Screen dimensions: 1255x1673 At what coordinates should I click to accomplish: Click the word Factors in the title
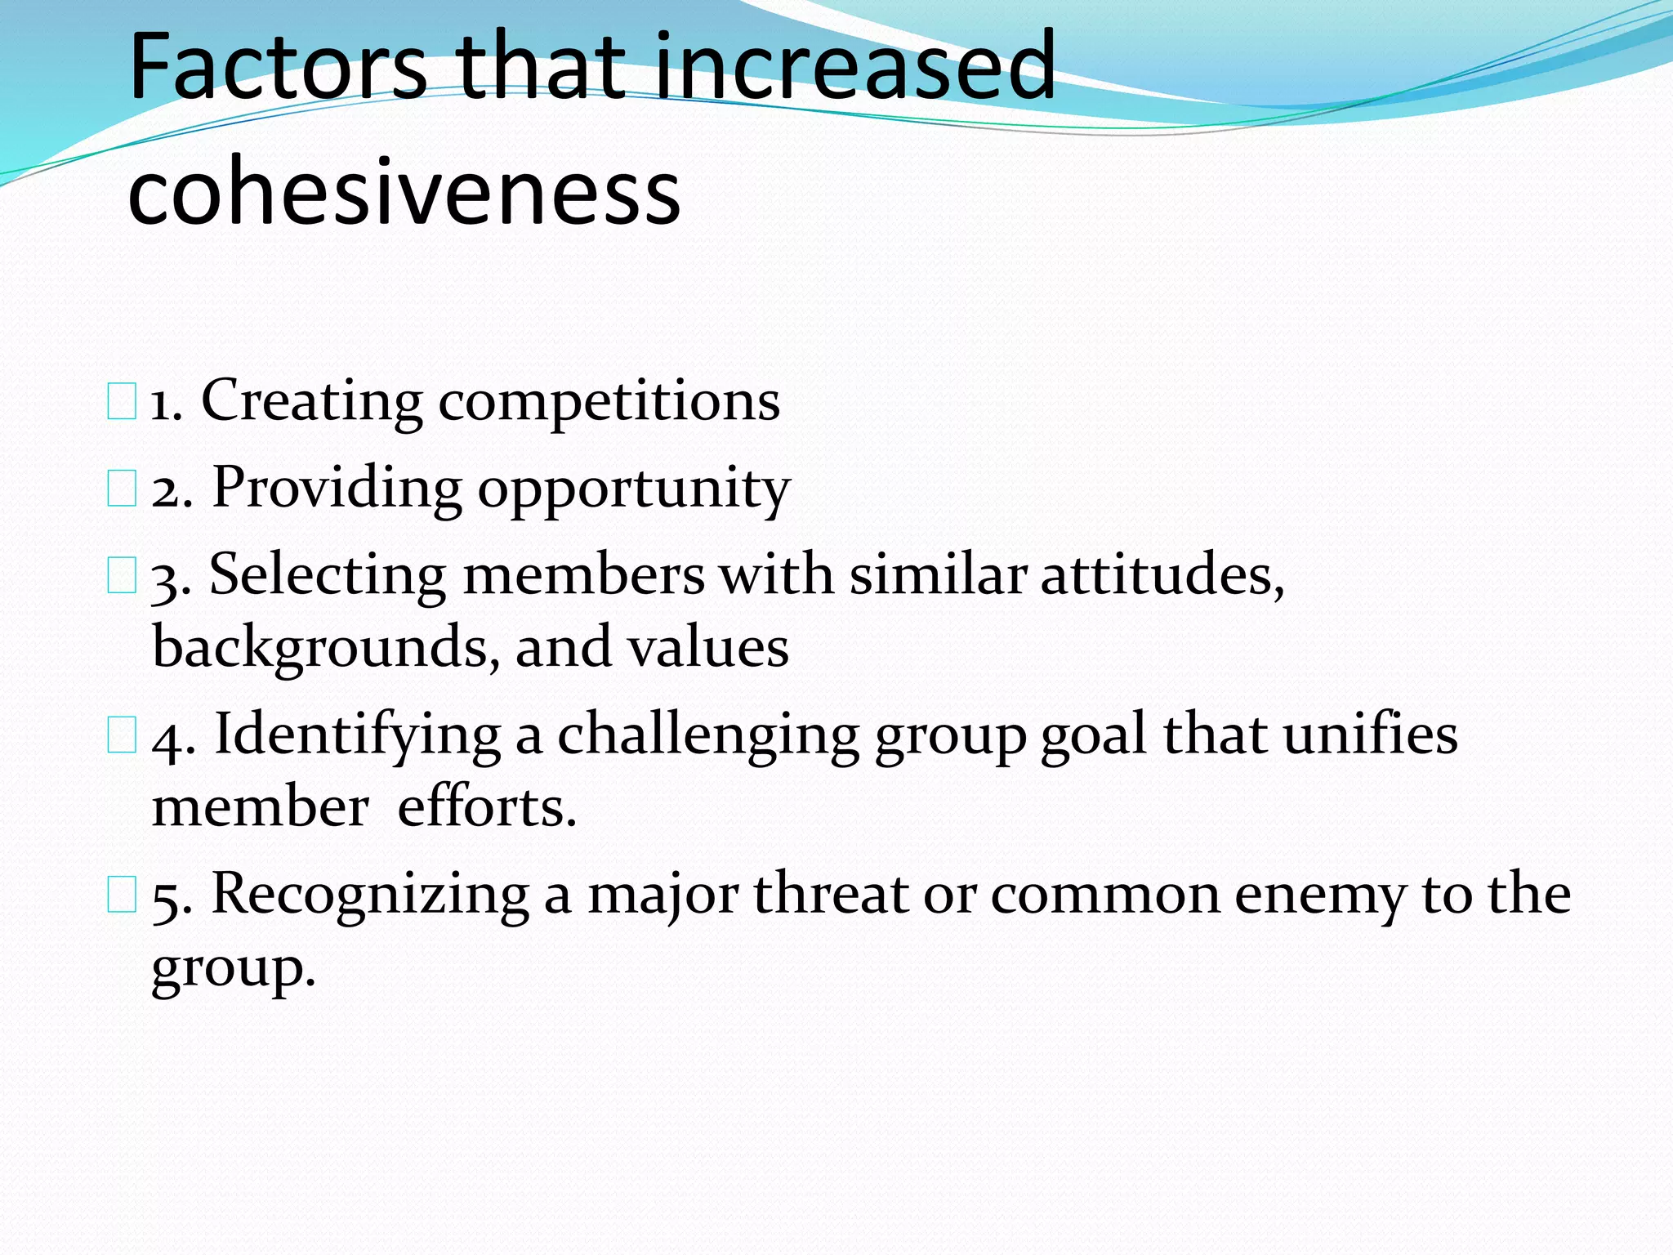[278, 67]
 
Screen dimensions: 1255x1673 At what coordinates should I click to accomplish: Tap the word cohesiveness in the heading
[404, 193]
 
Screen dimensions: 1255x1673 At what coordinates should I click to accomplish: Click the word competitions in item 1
[609, 402]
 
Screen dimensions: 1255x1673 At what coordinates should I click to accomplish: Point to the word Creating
[311, 402]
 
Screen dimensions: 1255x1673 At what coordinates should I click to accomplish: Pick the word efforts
[487, 807]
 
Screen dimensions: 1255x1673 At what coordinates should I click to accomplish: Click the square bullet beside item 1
[122, 404]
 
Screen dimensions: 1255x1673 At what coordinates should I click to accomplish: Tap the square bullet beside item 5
[122, 896]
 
